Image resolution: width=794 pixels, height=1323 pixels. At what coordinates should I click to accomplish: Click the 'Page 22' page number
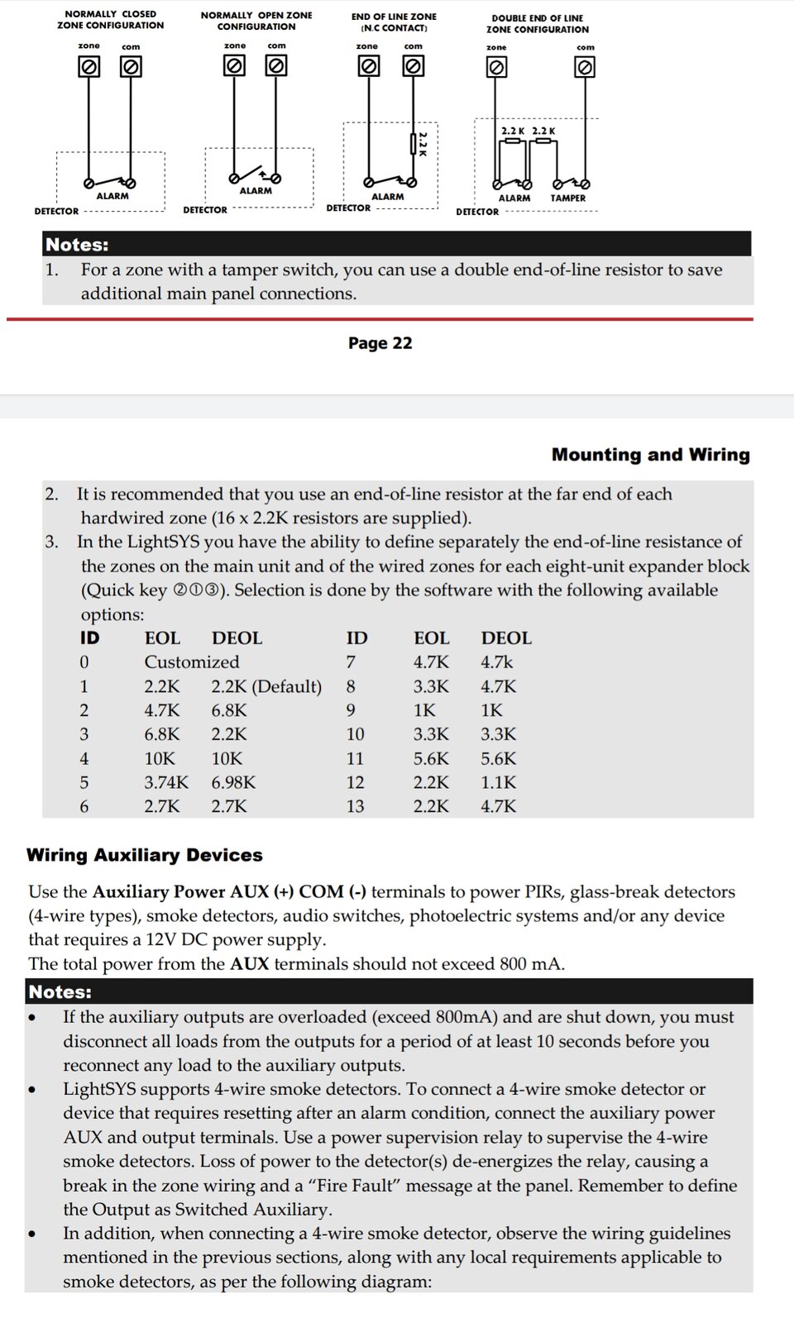(x=380, y=343)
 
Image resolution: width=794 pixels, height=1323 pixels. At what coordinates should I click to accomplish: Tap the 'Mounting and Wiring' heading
(x=650, y=455)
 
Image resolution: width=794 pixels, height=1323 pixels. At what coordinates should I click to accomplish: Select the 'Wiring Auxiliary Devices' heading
(x=144, y=855)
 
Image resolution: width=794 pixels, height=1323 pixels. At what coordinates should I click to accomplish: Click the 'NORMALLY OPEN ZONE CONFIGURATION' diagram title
(x=256, y=21)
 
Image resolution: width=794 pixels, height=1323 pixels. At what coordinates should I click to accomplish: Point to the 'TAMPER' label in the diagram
(x=568, y=198)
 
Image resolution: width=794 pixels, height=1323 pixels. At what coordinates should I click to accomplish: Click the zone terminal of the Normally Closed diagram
(x=88, y=67)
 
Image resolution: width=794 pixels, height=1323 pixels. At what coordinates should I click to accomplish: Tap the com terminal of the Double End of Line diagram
(x=585, y=68)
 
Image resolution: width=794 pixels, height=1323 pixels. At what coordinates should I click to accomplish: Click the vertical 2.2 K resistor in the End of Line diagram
(x=414, y=144)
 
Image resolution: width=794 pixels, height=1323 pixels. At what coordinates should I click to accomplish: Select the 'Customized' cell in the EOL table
(x=192, y=662)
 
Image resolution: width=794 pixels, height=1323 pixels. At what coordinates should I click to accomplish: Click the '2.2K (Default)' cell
(x=266, y=686)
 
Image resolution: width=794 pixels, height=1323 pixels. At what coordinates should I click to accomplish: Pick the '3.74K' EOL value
(x=166, y=782)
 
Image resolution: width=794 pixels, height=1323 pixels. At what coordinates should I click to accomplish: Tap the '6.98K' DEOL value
(x=233, y=782)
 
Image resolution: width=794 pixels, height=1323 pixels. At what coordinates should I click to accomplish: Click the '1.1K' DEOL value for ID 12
(x=499, y=782)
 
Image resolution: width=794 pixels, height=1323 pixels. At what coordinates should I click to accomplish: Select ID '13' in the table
(x=355, y=806)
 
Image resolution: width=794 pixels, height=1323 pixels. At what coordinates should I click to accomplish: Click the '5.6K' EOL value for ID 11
(x=431, y=758)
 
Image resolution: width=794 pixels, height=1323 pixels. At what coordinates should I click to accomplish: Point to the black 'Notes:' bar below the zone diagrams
(x=397, y=244)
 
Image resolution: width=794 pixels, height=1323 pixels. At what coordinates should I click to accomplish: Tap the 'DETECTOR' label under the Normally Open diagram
(x=205, y=210)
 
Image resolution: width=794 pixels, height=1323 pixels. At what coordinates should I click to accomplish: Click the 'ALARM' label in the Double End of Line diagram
(x=514, y=198)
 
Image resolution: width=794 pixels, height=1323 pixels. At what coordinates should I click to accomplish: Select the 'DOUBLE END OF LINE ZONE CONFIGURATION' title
(x=538, y=23)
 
